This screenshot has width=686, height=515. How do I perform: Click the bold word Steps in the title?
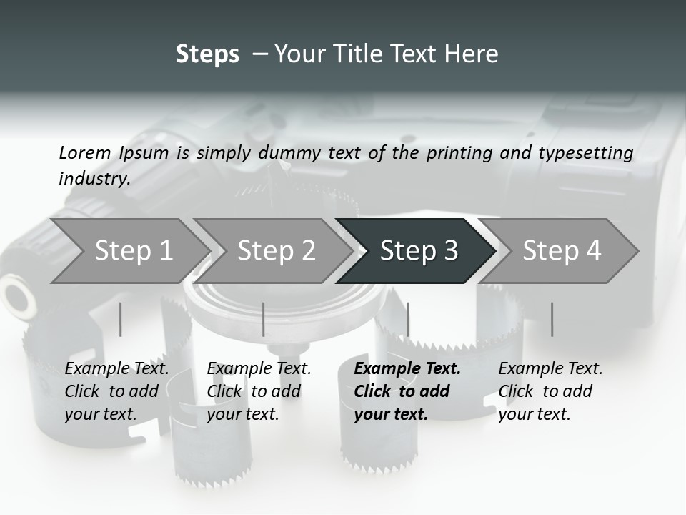point(207,54)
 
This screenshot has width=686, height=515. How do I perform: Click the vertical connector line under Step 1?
point(121,319)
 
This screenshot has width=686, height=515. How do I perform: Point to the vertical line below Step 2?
point(264,319)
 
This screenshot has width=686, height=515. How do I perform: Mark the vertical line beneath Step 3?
point(407,319)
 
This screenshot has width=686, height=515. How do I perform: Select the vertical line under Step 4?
point(552,319)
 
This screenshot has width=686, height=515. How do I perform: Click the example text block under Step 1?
point(116,391)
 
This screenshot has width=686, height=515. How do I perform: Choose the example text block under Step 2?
point(259,391)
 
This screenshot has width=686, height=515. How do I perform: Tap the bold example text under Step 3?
point(407,391)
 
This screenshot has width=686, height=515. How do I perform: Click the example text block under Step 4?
point(550,391)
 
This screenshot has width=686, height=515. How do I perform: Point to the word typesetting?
point(585,153)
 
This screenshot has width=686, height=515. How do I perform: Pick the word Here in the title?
point(474,54)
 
